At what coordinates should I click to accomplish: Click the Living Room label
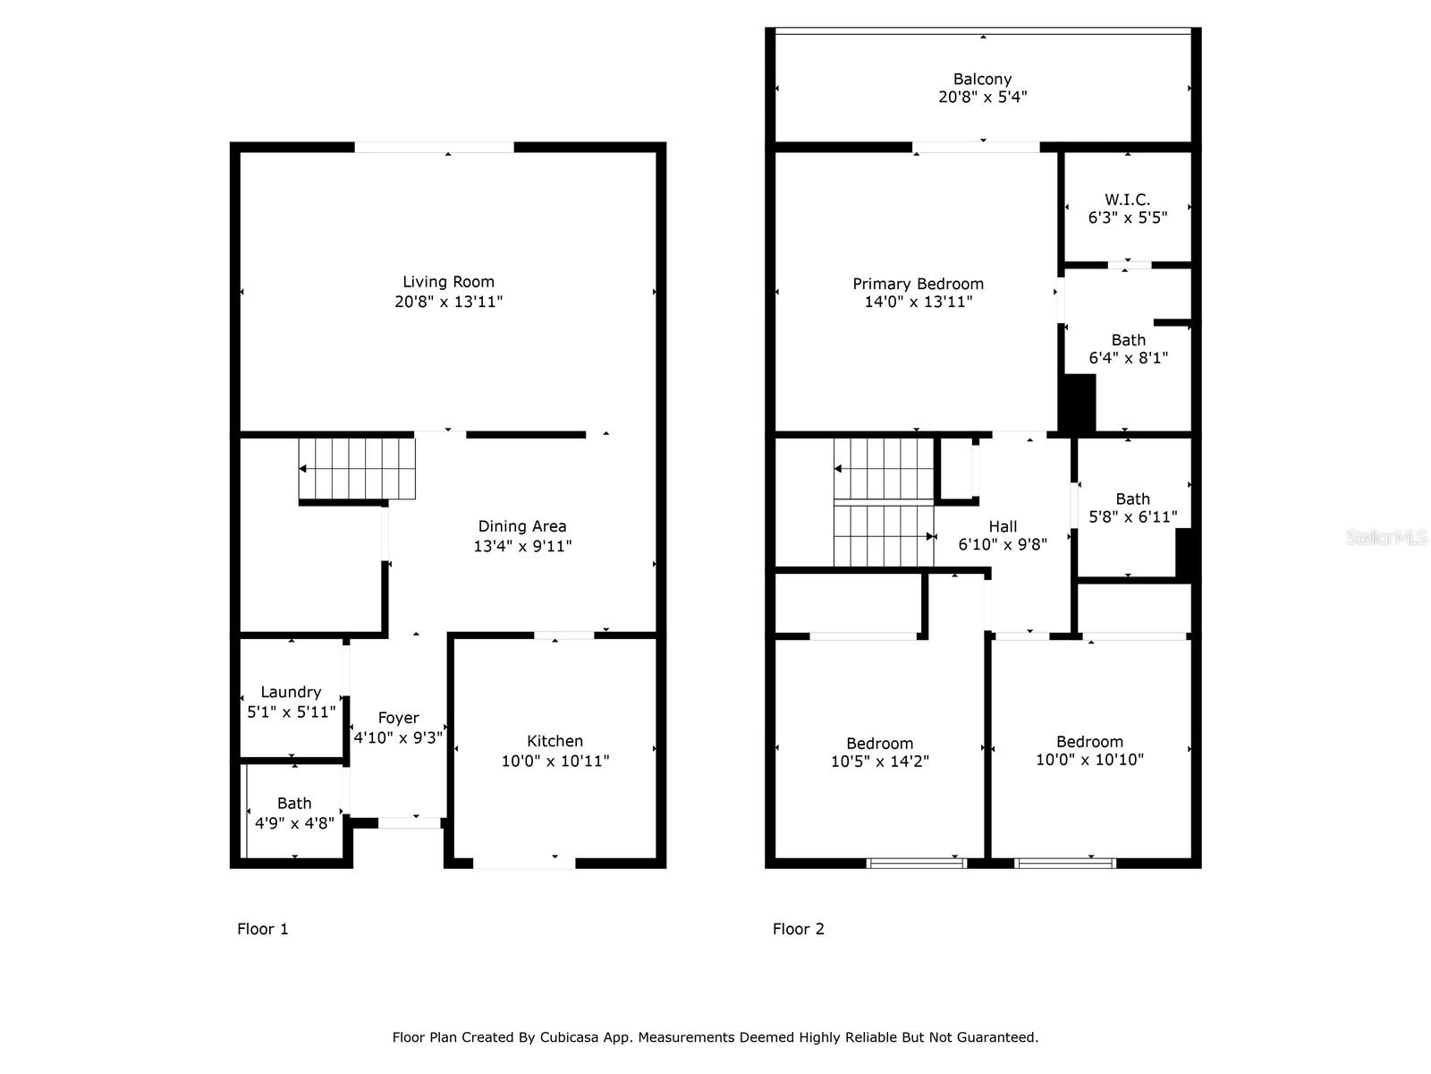click(448, 282)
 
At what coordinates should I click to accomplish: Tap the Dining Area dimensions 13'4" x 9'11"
click(522, 546)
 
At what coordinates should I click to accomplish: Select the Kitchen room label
click(555, 741)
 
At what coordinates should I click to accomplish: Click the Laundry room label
click(291, 692)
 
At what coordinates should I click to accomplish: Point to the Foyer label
click(398, 718)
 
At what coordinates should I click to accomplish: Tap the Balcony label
click(982, 79)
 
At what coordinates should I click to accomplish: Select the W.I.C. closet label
click(1127, 200)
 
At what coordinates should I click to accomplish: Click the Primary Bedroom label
click(918, 284)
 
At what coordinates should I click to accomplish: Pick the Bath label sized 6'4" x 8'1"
click(1128, 340)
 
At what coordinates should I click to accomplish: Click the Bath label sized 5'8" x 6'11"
click(1132, 499)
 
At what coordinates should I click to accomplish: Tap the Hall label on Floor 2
click(1003, 526)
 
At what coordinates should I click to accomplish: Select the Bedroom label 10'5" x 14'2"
click(880, 744)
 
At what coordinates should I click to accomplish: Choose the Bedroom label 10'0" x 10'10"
click(1089, 742)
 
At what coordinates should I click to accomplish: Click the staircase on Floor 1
click(358, 468)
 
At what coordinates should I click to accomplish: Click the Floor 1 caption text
click(262, 929)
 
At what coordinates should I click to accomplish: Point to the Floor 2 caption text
click(798, 929)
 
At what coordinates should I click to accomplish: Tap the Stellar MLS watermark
click(1386, 538)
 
